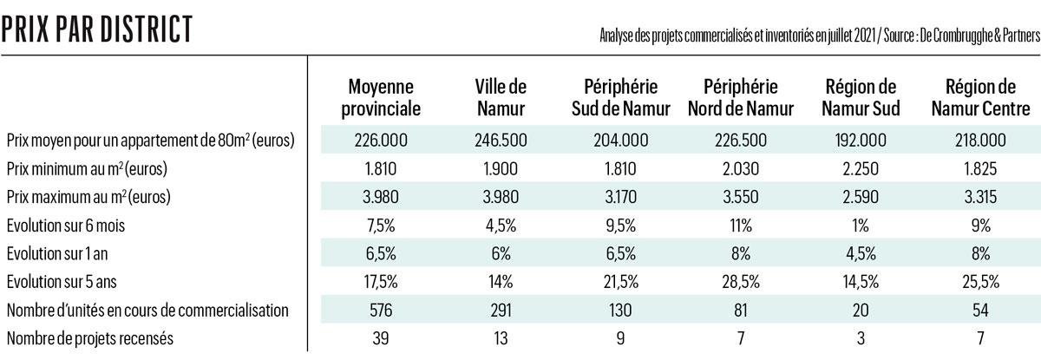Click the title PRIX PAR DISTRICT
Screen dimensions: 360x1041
pyautogui.click(x=96, y=28)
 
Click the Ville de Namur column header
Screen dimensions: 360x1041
pyautogui.click(x=501, y=98)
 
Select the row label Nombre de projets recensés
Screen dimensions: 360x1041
pyautogui.click(x=89, y=338)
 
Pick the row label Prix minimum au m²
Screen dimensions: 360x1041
pyautogui.click(x=86, y=167)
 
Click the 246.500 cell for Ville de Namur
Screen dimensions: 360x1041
pyautogui.click(x=501, y=140)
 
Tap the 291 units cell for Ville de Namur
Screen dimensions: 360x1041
pyautogui.click(x=501, y=310)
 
